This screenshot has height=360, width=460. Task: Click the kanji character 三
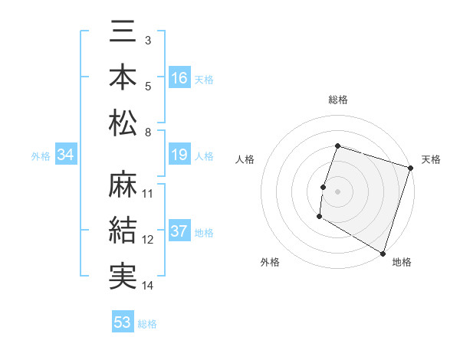click(x=123, y=34)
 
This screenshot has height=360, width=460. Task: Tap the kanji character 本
click(x=123, y=77)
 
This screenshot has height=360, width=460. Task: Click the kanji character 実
click(x=123, y=275)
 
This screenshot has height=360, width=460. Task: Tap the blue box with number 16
click(x=179, y=77)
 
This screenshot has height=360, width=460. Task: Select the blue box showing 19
click(x=179, y=155)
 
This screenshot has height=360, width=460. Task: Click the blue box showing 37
click(x=179, y=232)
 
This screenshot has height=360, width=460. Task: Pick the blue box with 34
click(x=66, y=155)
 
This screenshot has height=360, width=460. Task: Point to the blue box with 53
click(x=123, y=322)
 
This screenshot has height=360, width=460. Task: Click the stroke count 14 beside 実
click(x=148, y=286)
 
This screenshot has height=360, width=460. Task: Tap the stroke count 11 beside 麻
click(x=148, y=193)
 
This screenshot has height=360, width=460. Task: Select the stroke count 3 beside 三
click(x=147, y=39)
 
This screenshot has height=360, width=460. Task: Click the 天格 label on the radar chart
click(x=431, y=159)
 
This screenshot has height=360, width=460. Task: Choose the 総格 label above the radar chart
click(x=338, y=100)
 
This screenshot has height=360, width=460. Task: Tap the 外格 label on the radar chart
click(x=270, y=263)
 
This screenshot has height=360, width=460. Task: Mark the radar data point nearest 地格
click(x=383, y=253)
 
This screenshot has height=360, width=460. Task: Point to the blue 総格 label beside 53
click(x=147, y=323)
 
